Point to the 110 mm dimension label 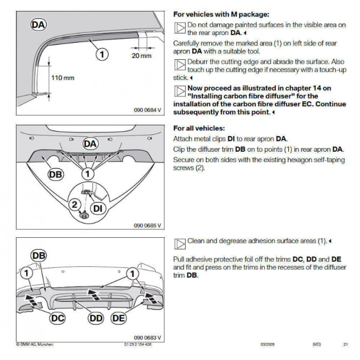pos(64,78)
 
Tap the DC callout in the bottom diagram pos(58,317)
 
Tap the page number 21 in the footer pos(345,345)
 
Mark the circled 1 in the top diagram pos(101,54)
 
